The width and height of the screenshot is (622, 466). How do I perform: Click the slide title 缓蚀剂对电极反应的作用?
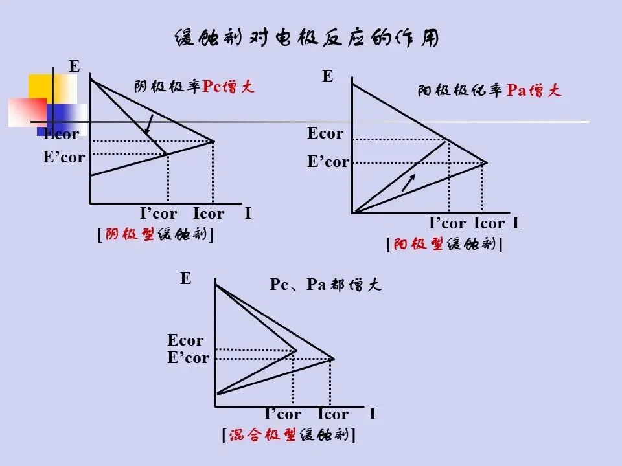pyautogui.click(x=307, y=38)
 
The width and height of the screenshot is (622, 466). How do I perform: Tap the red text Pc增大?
pyautogui.click(x=229, y=87)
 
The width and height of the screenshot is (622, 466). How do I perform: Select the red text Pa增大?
pyautogui.click(x=534, y=91)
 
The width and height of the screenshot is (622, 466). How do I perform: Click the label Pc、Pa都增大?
pyautogui.click(x=325, y=285)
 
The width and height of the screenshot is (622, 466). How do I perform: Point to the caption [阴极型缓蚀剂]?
pyautogui.click(x=155, y=234)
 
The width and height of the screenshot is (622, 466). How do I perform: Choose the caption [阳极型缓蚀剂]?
pyautogui.click(x=444, y=245)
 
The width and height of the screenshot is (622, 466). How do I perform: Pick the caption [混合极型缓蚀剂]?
pyautogui.click(x=288, y=435)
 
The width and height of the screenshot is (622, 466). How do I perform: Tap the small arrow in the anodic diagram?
pyautogui.click(x=408, y=183)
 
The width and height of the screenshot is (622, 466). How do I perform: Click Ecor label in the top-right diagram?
pyautogui.click(x=325, y=133)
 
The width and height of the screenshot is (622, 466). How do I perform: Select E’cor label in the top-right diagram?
pyautogui.click(x=328, y=162)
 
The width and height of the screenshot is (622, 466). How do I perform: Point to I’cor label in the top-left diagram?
pyautogui.click(x=158, y=214)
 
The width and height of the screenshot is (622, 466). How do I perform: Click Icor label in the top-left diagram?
pyautogui.click(x=209, y=214)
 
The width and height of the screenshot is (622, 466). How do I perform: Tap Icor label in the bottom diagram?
pyautogui.click(x=333, y=414)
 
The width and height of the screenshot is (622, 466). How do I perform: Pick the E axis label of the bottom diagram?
pyautogui.click(x=186, y=279)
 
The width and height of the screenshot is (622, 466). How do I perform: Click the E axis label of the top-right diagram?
pyautogui.click(x=328, y=77)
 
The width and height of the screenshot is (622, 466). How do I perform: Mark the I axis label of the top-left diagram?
pyautogui.click(x=248, y=214)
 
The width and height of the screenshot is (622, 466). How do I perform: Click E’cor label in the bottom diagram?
pyautogui.click(x=188, y=357)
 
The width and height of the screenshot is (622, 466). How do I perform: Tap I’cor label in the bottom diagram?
pyautogui.click(x=282, y=414)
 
